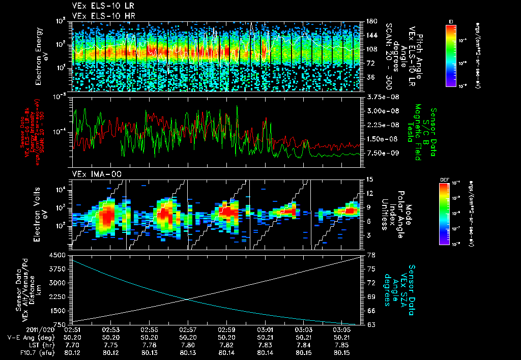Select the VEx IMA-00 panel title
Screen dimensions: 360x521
(x=93, y=174)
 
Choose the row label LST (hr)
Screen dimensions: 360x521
(x=49, y=344)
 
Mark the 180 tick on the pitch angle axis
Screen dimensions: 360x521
(x=370, y=21)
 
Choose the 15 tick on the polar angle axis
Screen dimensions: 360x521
(x=369, y=179)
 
